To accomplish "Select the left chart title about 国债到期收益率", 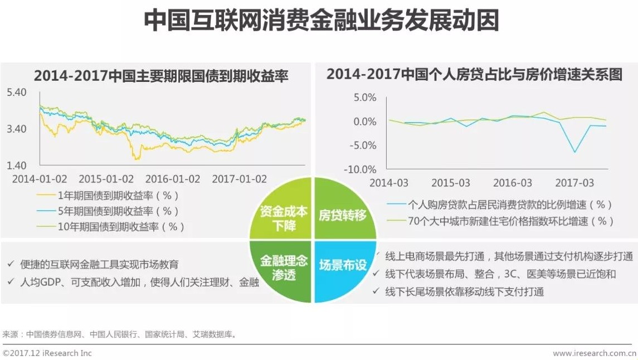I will pyautogui.click(x=161, y=76).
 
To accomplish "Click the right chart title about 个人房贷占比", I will pyautogui.click(x=474, y=75).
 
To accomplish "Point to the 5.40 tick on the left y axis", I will pyautogui.click(x=17, y=93).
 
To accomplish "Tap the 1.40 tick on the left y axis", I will pyautogui.click(x=17, y=166).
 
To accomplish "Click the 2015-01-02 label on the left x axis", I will pyautogui.click(x=106, y=179).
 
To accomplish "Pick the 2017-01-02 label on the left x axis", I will pyautogui.click(x=240, y=179).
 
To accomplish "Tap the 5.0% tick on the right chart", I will pyautogui.click(x=365, y=98).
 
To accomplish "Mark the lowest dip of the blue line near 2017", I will pyautogui.click(x=574, y=152).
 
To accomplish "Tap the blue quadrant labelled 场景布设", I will pyautogui.click(x=343, y=265).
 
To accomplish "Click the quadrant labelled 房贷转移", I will pyautogui.click(x=342, y=215).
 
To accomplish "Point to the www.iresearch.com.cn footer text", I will pyautogui.click(x=594, y=353).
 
